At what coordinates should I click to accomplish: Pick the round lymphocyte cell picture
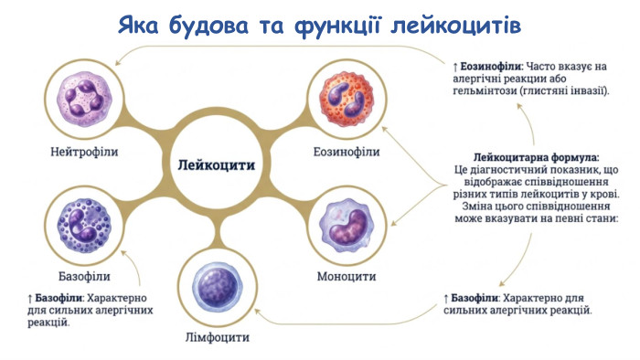[x=214, y=286]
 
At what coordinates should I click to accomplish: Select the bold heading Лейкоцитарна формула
[x=537, y=157]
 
